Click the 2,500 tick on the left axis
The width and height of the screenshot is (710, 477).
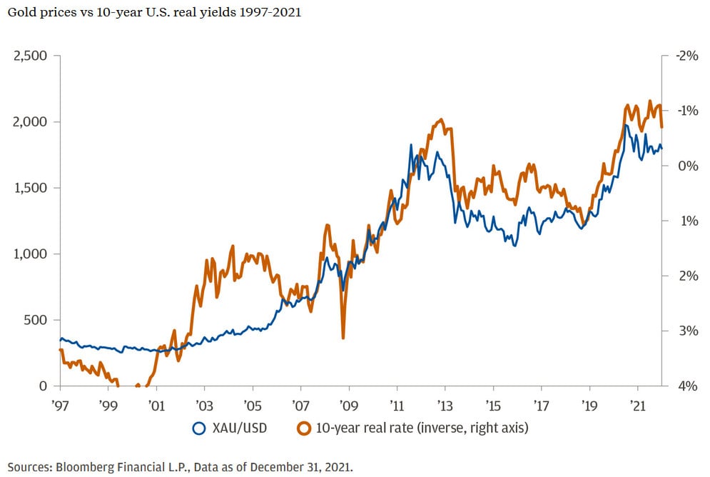[31, 56]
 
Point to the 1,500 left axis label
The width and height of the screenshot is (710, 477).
[31, 188]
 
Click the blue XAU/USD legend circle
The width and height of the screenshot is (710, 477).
[199, 428]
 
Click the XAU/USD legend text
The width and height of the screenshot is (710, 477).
[239, 428]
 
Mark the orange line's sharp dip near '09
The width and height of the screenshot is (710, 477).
[343, 337]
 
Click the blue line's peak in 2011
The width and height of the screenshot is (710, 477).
[411, 145]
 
